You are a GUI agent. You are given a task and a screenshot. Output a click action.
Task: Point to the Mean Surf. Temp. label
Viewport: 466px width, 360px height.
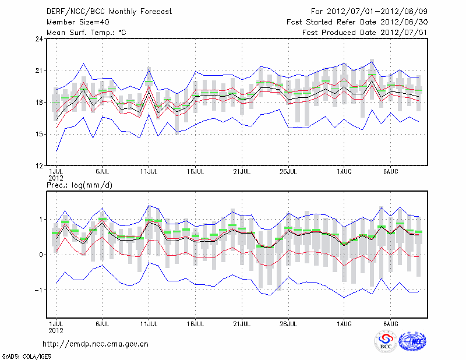pyautogui.click(x=86, y=32)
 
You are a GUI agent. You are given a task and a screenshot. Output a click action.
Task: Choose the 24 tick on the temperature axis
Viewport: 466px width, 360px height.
pyautogui.click(x=39, y=39)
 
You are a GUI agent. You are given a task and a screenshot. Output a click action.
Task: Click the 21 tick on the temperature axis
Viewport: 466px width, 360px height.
pyautogui.click(x=39, y=70)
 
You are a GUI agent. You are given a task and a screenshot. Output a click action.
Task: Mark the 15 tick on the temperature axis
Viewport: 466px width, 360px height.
pyautogui.click(x=39, y=134)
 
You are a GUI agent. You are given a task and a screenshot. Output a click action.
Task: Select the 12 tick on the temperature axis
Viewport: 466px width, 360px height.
pyautogui.click(x=39, y=165)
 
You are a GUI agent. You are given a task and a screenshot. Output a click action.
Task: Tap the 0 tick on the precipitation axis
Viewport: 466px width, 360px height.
pyautogui.click(x=41, y=255)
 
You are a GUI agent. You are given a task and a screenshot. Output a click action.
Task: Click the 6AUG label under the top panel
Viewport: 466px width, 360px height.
pyautogui.click(x=391, y=172)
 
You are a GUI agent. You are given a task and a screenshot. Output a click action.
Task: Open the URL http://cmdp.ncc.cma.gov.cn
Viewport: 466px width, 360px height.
pyautogui.click(x=96, y=344)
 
